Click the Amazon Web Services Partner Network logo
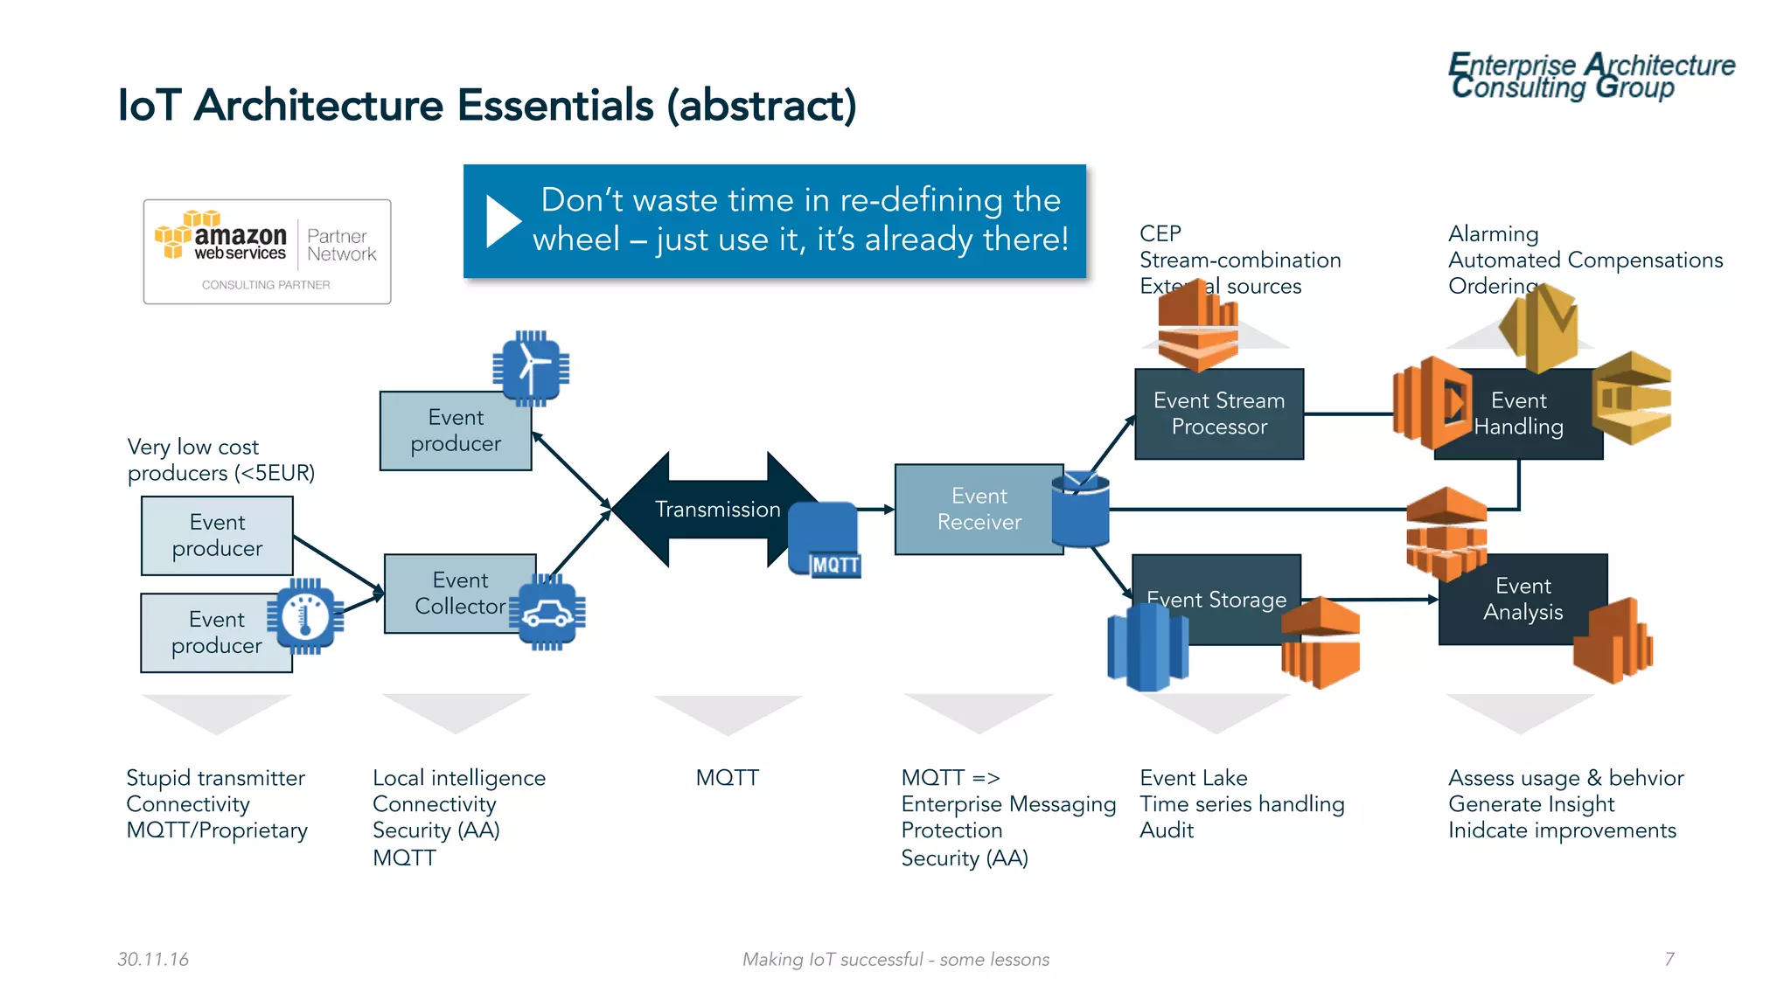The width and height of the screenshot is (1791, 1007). pyautogui.click(x=267, y=251)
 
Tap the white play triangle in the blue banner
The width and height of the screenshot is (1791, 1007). pyautogui.click(x=502, y=221)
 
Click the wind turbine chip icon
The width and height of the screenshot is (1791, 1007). pyautogui.click(x=531, y=368)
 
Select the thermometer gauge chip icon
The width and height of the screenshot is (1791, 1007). pyautogui.click(x=305, y=616)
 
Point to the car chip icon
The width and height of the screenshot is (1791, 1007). pyautogui.click(x=547, y=613)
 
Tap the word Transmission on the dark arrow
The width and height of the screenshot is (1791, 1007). pyautogui.click(x=717, y=509)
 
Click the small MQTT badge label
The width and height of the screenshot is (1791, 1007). pyautogui.click(x=835, y=566)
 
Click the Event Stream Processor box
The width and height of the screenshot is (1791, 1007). pyautogui.click(x=1218, y=413)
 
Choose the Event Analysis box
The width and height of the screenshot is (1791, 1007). pyautogui.click(x=1522, y=599)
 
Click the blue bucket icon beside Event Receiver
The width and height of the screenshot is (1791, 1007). pyautogui.click(x=1080, y=510)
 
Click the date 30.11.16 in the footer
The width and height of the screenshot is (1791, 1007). pyautogui.click(x=153, y=959)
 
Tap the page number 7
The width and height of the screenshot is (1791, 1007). pyautogui.click(x=1669, y=959)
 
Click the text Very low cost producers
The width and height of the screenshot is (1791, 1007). pyautogui.click(x=220, y=460)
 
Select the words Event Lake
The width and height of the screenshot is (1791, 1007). pyautogui.click(x=1193, y=777)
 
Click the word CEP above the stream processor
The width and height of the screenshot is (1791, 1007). pyautogui.click(x=1160, y=233)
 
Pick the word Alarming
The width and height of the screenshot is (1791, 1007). pyautogui.click(x=1493, y=233)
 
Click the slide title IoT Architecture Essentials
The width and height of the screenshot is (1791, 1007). pyautogui.click(x=486, y=105)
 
